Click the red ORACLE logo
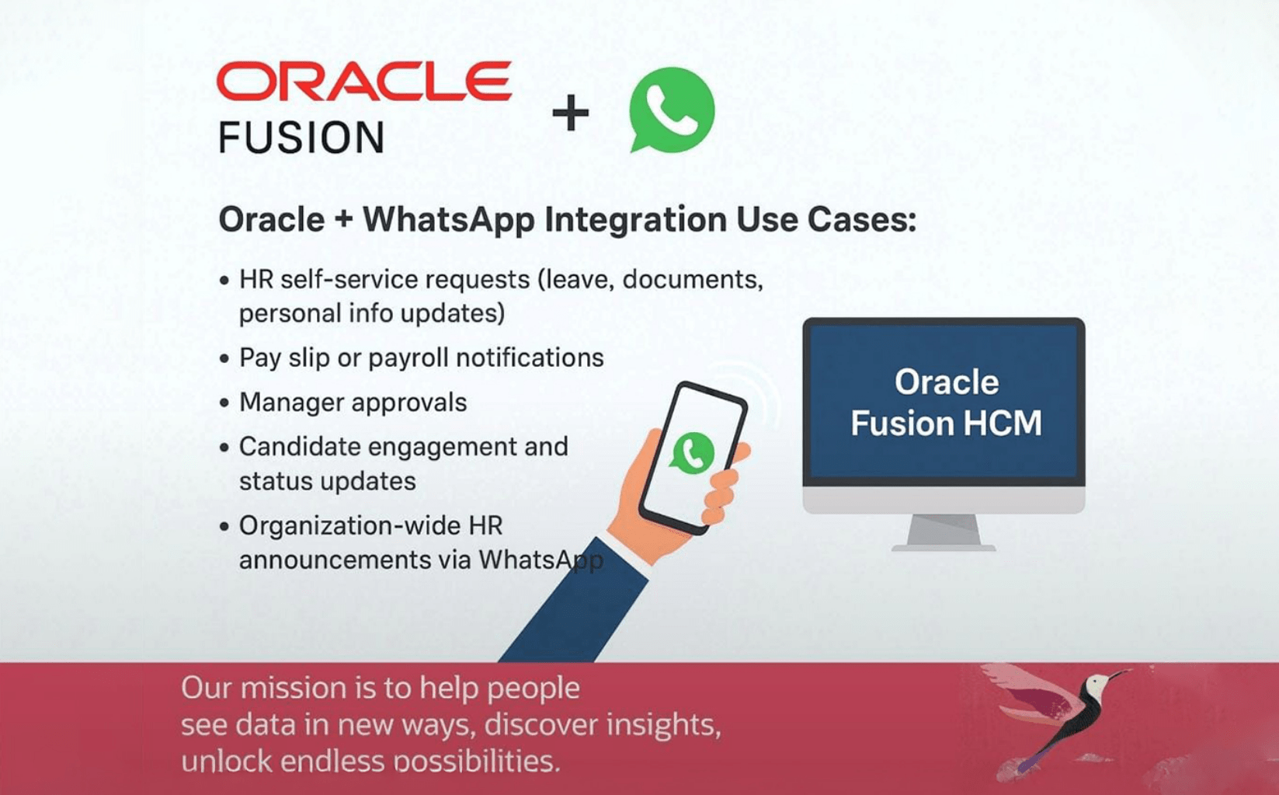[363, 81]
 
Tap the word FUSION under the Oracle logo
[301, 138]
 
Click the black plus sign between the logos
[571, 112]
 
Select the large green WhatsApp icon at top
[672, 110]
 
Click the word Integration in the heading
[635, 220]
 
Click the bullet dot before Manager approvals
[224, 403]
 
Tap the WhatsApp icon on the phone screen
[692, 453]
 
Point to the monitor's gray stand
[944, 532]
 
